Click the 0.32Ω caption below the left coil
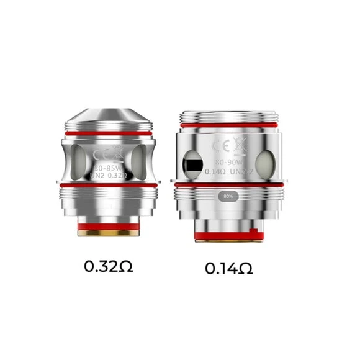[109, 268]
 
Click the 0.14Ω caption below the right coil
[229, 269]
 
